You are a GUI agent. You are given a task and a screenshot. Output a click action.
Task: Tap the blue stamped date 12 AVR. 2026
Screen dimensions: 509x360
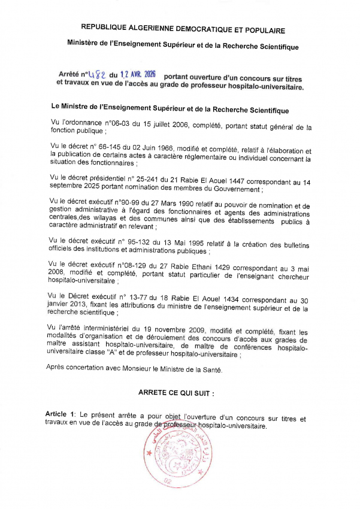pos(138,74)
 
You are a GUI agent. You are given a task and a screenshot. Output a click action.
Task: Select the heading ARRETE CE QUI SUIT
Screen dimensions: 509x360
pos(176,393)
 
